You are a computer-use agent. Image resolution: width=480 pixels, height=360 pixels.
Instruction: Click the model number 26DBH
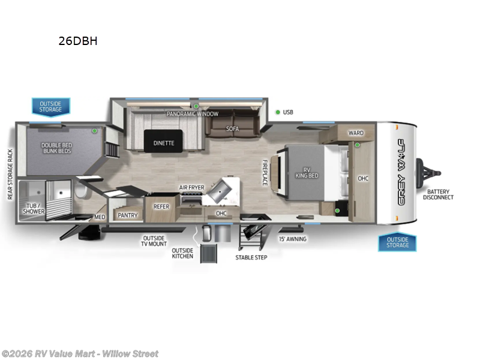77,41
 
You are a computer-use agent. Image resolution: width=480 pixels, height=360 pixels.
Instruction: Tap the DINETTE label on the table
163,143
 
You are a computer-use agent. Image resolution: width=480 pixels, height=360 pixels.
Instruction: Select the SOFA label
232,128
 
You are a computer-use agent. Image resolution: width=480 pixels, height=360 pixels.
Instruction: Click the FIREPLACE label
264,172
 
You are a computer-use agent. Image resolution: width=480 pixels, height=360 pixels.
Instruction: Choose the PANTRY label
128,215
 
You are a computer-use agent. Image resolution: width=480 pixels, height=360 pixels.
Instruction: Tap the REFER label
161,206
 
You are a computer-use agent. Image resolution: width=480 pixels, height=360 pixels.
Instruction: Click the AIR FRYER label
191,187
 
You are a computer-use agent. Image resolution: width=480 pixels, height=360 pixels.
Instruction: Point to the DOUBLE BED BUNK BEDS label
57,147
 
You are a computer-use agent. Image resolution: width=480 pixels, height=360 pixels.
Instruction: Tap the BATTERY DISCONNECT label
438,194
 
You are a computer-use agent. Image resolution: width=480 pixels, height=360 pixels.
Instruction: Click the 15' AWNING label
293,239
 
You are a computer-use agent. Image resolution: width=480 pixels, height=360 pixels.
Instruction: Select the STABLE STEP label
251,257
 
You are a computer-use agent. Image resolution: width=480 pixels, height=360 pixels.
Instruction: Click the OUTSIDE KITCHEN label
182,253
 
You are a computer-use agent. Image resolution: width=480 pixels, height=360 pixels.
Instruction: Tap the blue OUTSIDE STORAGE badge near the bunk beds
51,106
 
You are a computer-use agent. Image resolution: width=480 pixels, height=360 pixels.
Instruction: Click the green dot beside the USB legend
278,112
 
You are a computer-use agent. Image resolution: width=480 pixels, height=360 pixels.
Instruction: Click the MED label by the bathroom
100,217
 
